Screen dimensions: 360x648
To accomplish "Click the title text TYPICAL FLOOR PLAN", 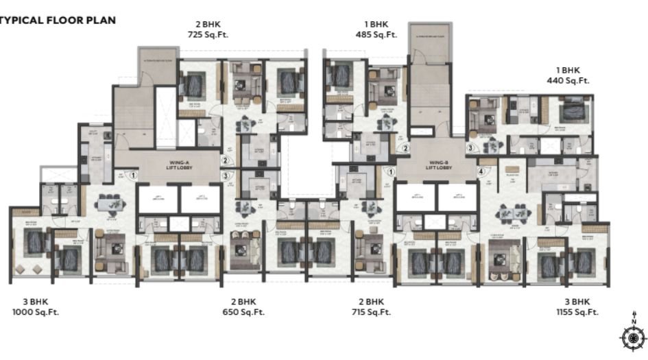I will [58, 20].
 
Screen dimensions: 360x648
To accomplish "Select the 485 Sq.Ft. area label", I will [376, 34].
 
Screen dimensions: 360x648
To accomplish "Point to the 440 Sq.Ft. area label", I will [568, 80].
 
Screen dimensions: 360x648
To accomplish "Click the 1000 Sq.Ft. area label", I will [34, 312].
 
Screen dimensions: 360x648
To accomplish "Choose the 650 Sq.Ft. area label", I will [243, 312].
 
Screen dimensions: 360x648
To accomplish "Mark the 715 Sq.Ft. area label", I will [371, 312].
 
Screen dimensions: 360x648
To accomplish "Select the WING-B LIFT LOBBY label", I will [437, 165].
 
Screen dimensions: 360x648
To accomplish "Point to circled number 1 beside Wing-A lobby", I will [134, 176].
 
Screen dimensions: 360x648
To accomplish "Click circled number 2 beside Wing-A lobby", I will [224, 160].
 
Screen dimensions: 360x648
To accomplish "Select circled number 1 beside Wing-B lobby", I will [391, 171].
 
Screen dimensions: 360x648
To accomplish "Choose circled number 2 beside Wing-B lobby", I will [405, 147].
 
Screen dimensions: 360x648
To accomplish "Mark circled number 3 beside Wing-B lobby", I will [470, 147].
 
